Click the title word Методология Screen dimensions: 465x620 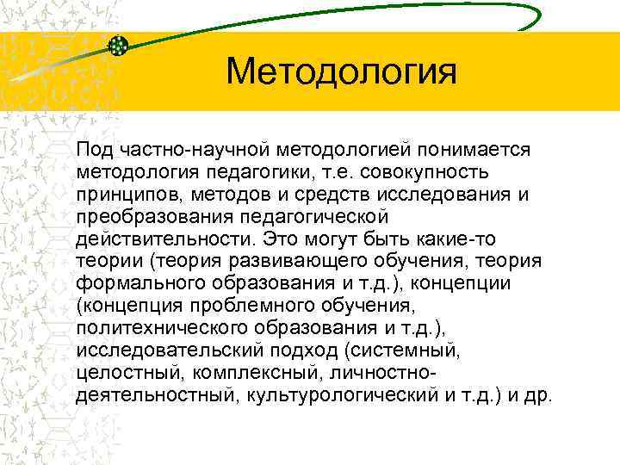(340, 72)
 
